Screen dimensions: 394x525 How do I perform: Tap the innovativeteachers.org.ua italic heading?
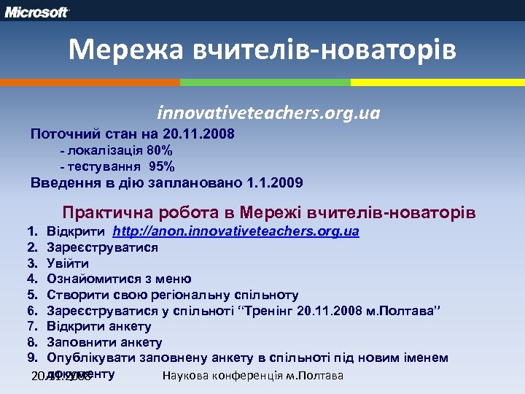click(x=268, y=114)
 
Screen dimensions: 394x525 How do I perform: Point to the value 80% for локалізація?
click(x=158, y=151)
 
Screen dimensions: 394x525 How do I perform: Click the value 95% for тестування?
click(x=161, y=167)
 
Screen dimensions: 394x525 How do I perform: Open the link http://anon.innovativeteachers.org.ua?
click(x=236, y=231)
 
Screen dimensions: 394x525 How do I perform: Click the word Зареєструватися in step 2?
click(x=103, y=247)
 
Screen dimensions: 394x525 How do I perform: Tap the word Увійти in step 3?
click(x=68, y=263)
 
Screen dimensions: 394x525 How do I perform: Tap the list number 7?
click(x=32, y=326)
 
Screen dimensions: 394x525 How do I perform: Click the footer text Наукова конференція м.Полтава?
click(x=252, y=376)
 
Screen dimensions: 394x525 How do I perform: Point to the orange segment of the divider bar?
click(x=87, y=82)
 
